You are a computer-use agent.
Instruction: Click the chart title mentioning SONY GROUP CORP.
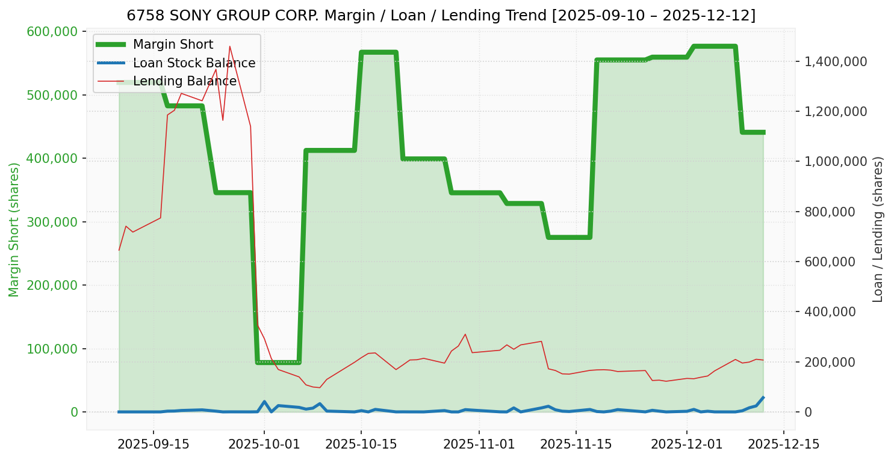pyautogui.click(x=441, y=15)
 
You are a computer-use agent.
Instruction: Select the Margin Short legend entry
pyautogui.click(x=173, y=44)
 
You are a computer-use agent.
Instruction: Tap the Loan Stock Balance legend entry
pyautogui.click(x=194, y=63)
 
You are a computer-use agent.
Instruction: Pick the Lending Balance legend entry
pyautogui.click(x=184, y=81)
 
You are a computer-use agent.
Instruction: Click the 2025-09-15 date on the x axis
pyautogui.click(x=154, y=444)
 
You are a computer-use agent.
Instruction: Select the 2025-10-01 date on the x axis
pyautogui.click(x=264, y=444)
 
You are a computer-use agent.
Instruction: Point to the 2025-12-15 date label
pyautogui.click(x=783, y=444)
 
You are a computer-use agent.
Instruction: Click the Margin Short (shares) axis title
pyautogui.click(x=14, y=230)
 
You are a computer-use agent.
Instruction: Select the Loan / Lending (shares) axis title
pyautogui.click(x=878, y=230)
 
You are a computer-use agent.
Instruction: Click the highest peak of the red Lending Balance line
pyautogui.click(x=229, y=46)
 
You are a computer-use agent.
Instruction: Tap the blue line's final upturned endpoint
pyautogui.click(x=763, y=397)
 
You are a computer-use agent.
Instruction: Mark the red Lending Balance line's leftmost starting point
pyautogui.click(x=119, y=250)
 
